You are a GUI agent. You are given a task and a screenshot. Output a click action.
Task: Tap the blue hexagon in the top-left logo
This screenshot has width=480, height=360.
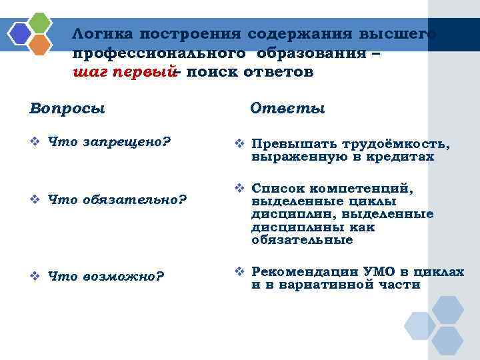pyautogui.click(x=21, y=33)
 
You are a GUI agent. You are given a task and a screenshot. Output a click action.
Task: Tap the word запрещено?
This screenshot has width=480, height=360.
pyautogui.click(x=127, y=142)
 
